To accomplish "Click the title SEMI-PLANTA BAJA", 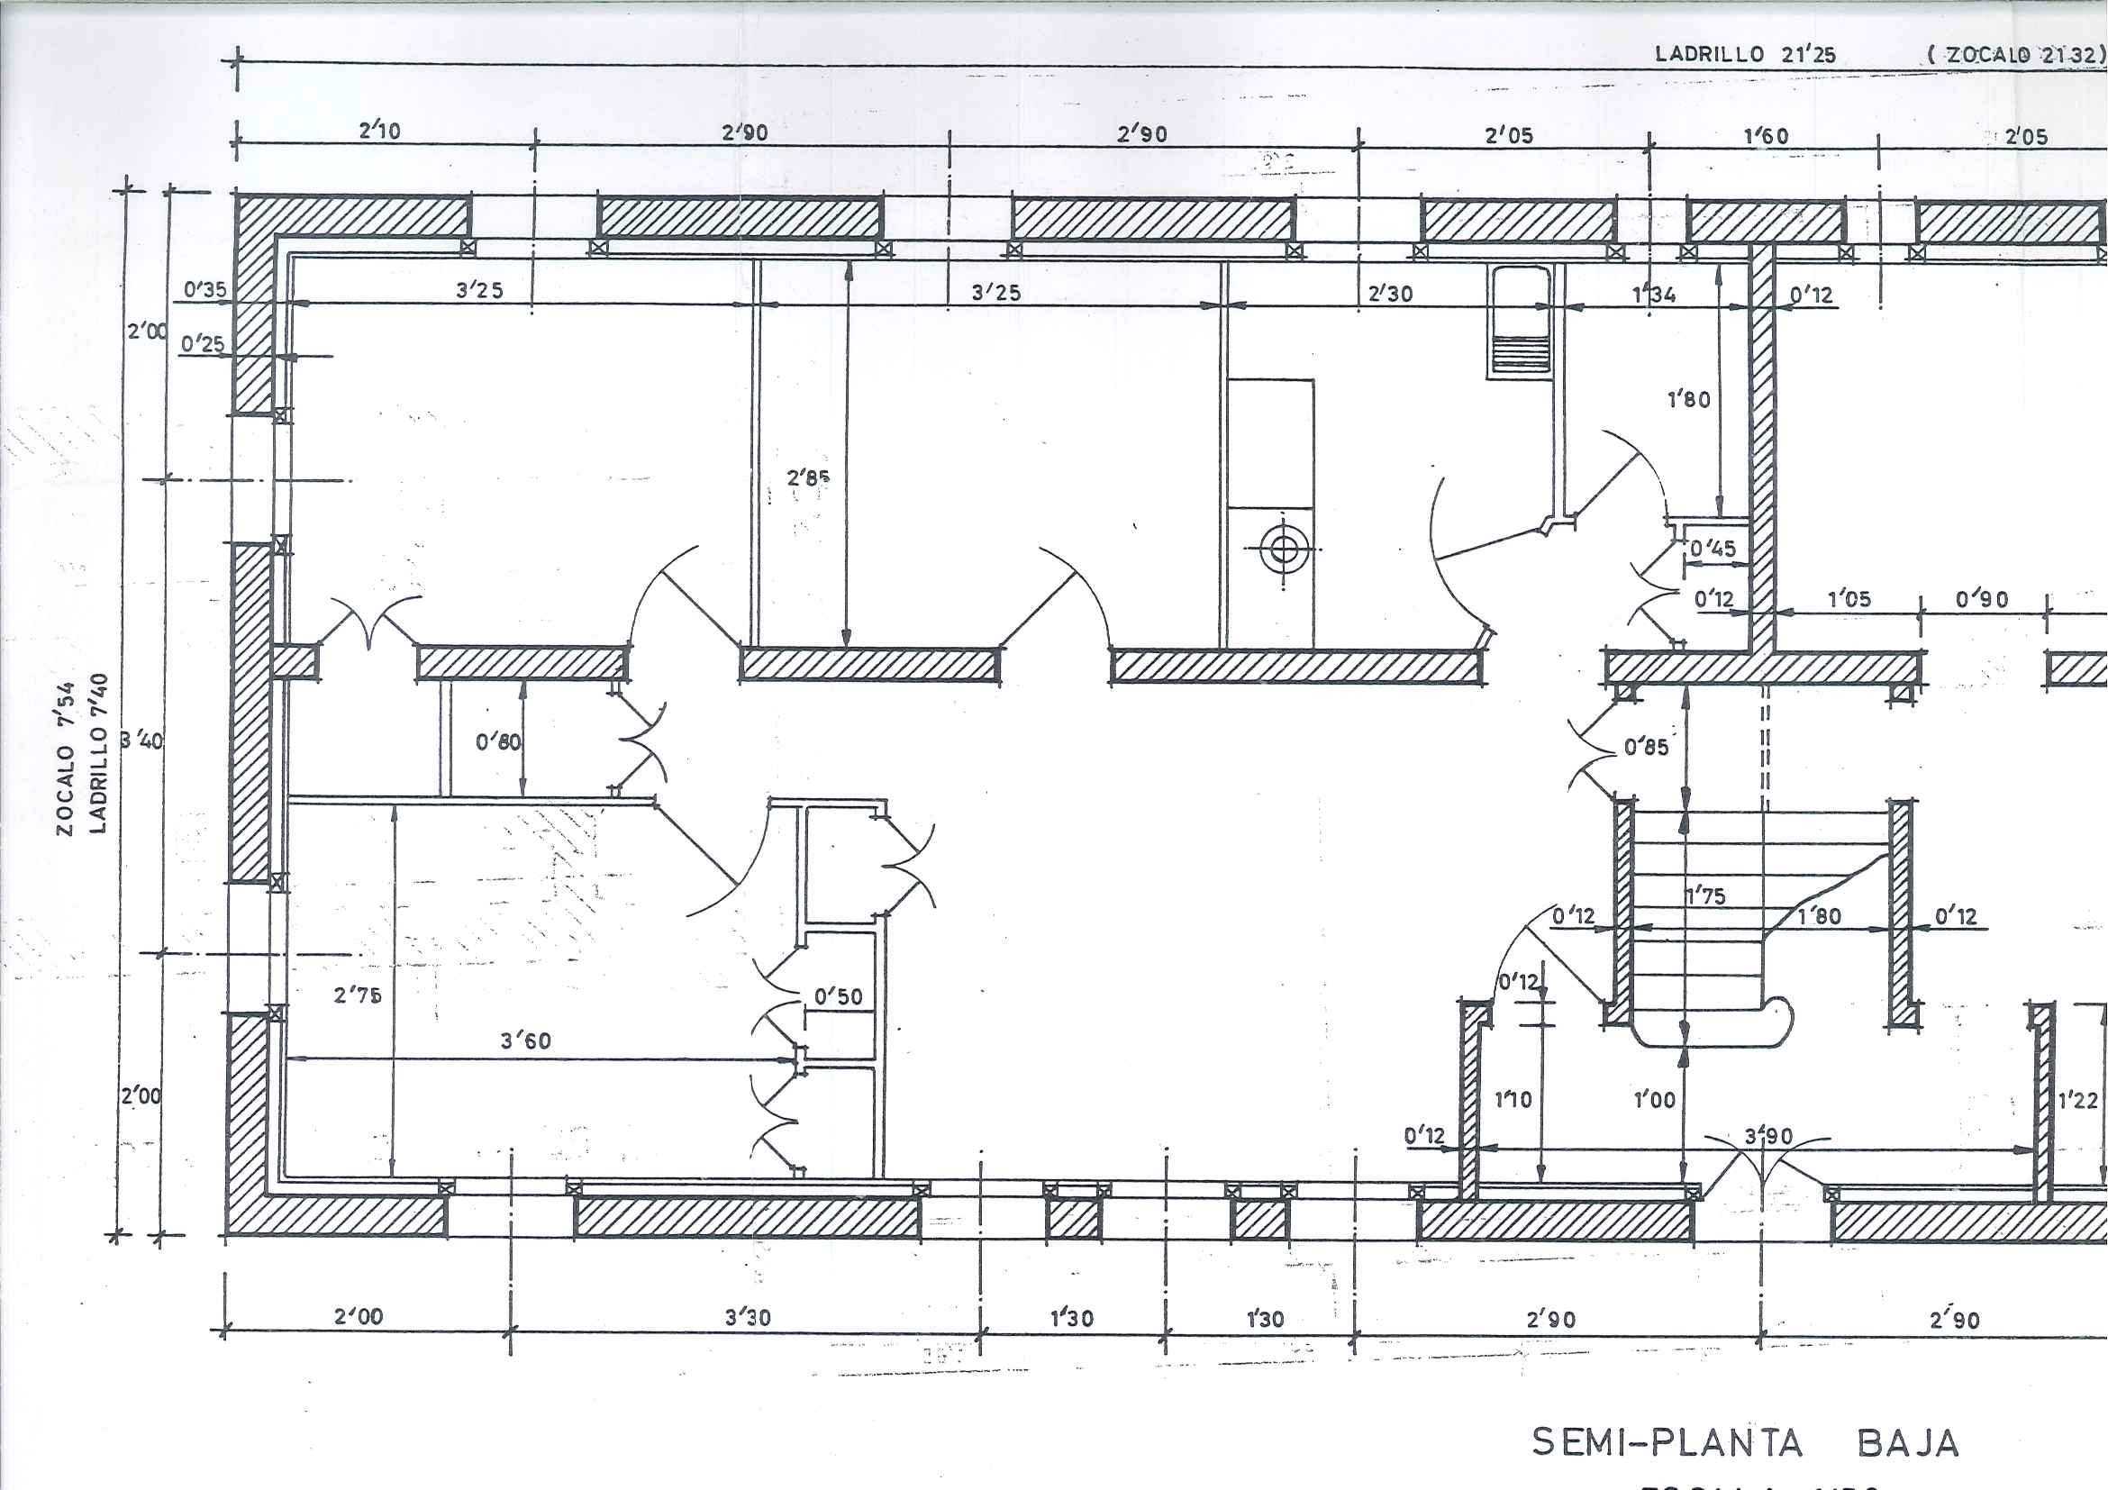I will tap(1744, 1442).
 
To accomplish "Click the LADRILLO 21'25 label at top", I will tap(1744, 54).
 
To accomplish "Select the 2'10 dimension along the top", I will tap(379, 131).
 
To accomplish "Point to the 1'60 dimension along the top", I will tap(1766, 137).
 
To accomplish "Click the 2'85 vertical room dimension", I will tap(808, 477).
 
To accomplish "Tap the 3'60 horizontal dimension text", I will tap(525, 1040).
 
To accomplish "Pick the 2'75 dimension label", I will tap(357, 995).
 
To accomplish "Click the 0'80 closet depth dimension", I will tap(498, 740).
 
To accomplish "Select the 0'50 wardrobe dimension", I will tap(837, 997).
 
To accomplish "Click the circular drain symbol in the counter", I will tap(1284, 549).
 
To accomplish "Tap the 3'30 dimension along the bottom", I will tap(748, 1317).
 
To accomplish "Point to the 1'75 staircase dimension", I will tap(1705, 896).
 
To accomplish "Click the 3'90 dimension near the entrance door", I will tap(1768, 1136).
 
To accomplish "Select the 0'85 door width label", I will tap(1645, 748).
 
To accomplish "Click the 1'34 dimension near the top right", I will tap(1654, 295).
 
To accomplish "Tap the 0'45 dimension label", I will tap(1713, 548).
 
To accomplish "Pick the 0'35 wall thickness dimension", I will tap(204, 290).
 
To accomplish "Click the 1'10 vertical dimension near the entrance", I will tap(1513, 1099).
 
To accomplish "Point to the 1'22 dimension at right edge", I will tap(2077, 1100).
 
